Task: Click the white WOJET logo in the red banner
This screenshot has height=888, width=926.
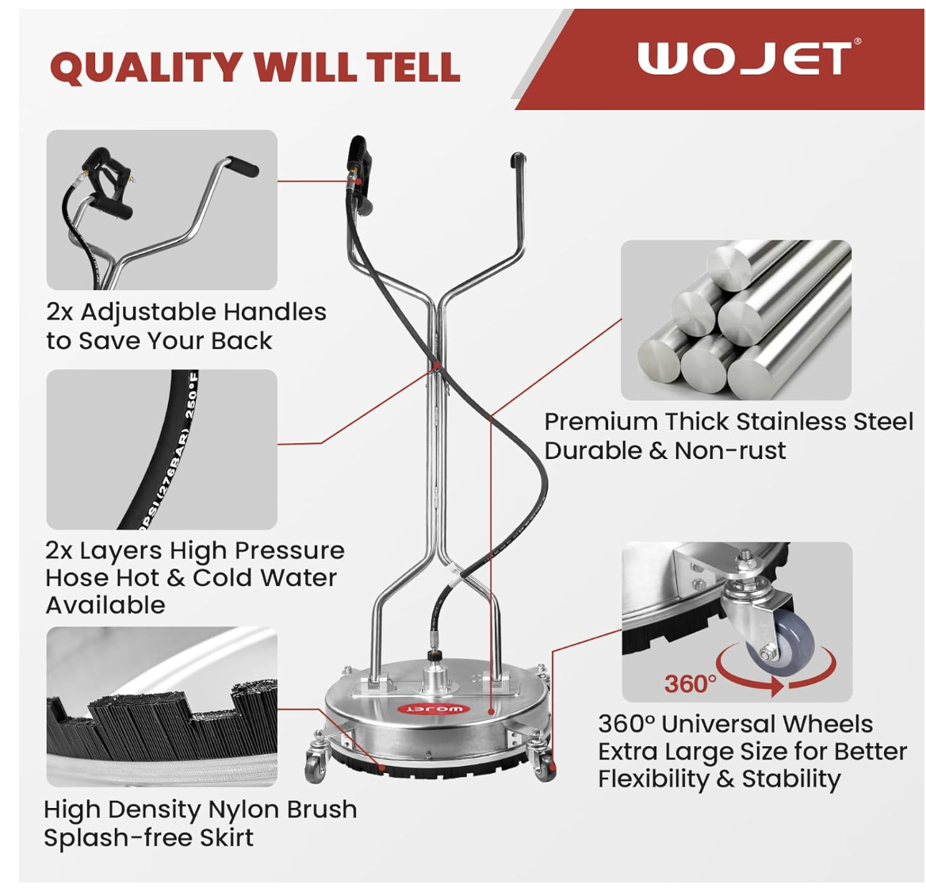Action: point(744,59)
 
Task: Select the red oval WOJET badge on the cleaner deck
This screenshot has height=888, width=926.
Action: point(434,709)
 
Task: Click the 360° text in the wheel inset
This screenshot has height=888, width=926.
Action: point(691,683)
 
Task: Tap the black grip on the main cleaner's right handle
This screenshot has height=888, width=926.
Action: point(518,160)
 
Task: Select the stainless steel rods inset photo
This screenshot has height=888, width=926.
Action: point(736,320)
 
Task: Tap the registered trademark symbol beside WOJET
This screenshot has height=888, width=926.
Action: point(858,41)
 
